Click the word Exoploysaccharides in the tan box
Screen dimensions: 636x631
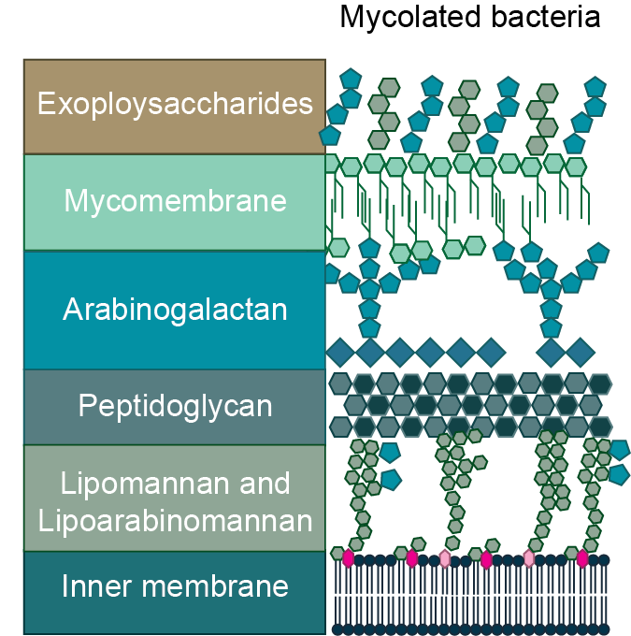[175, 103]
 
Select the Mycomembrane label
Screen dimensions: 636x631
[175, 201]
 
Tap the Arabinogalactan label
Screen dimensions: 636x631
[175, 310]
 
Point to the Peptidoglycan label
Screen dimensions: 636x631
[175, 406]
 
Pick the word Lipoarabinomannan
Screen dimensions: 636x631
[175, 520]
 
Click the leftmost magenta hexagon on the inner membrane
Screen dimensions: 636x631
[349, 558]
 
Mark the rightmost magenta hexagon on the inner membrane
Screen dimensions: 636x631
[582, 558]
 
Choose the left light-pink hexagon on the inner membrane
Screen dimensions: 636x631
[445, 558]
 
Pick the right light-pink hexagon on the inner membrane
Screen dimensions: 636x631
[529, 558]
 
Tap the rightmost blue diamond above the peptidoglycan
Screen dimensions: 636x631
[581, 353]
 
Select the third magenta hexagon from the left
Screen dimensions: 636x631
[486, 558]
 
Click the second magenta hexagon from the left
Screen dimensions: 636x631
[411, 558]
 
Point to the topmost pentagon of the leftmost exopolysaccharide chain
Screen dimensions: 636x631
[351, 79]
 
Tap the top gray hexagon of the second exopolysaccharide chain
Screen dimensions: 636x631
[388, 87]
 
